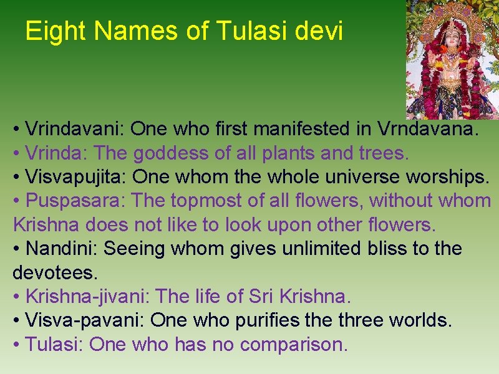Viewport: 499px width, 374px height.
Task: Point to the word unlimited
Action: click(321, 249)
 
